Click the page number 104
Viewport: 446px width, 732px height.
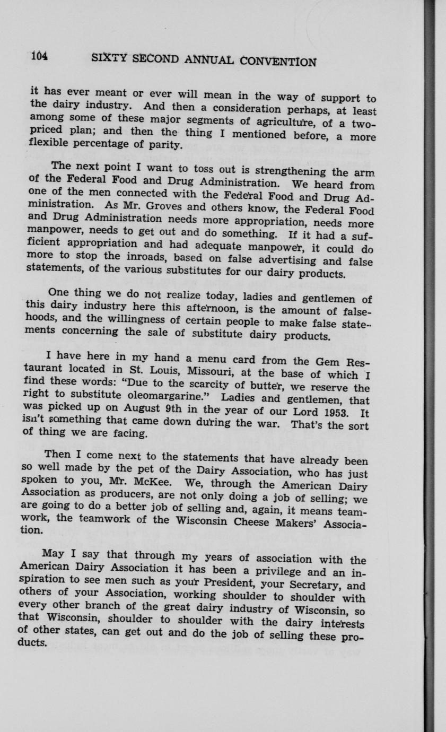(x=40, y=55)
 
